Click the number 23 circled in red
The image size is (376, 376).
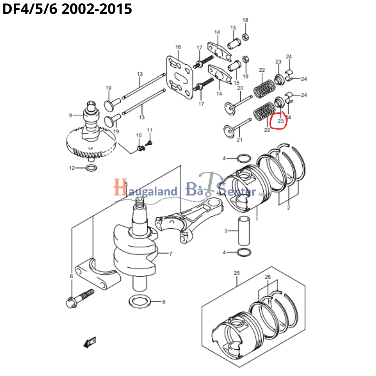[x=280, y=121]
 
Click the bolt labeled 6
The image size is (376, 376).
[x=79, y=299]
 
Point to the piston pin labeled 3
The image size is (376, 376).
[x=244, y=231]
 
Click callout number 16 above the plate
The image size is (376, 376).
[x=178, y=47]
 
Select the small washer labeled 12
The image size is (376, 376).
[x=91, y=168]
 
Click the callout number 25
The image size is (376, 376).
[x=237, y=273]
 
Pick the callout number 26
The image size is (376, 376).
[x=268, y=277]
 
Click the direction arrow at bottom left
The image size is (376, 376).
[x=90, y=342]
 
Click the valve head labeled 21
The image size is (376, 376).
[x=229, y=131]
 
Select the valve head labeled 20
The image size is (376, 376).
[x=230, y=109]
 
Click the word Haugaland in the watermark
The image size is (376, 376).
[x=145, y=190]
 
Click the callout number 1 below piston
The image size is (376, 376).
[x=256, y=219]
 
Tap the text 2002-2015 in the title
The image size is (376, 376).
[x=97, y=9]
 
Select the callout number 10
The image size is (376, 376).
[x=139, y=135]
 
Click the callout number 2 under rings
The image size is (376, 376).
[x=288, y=208]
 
